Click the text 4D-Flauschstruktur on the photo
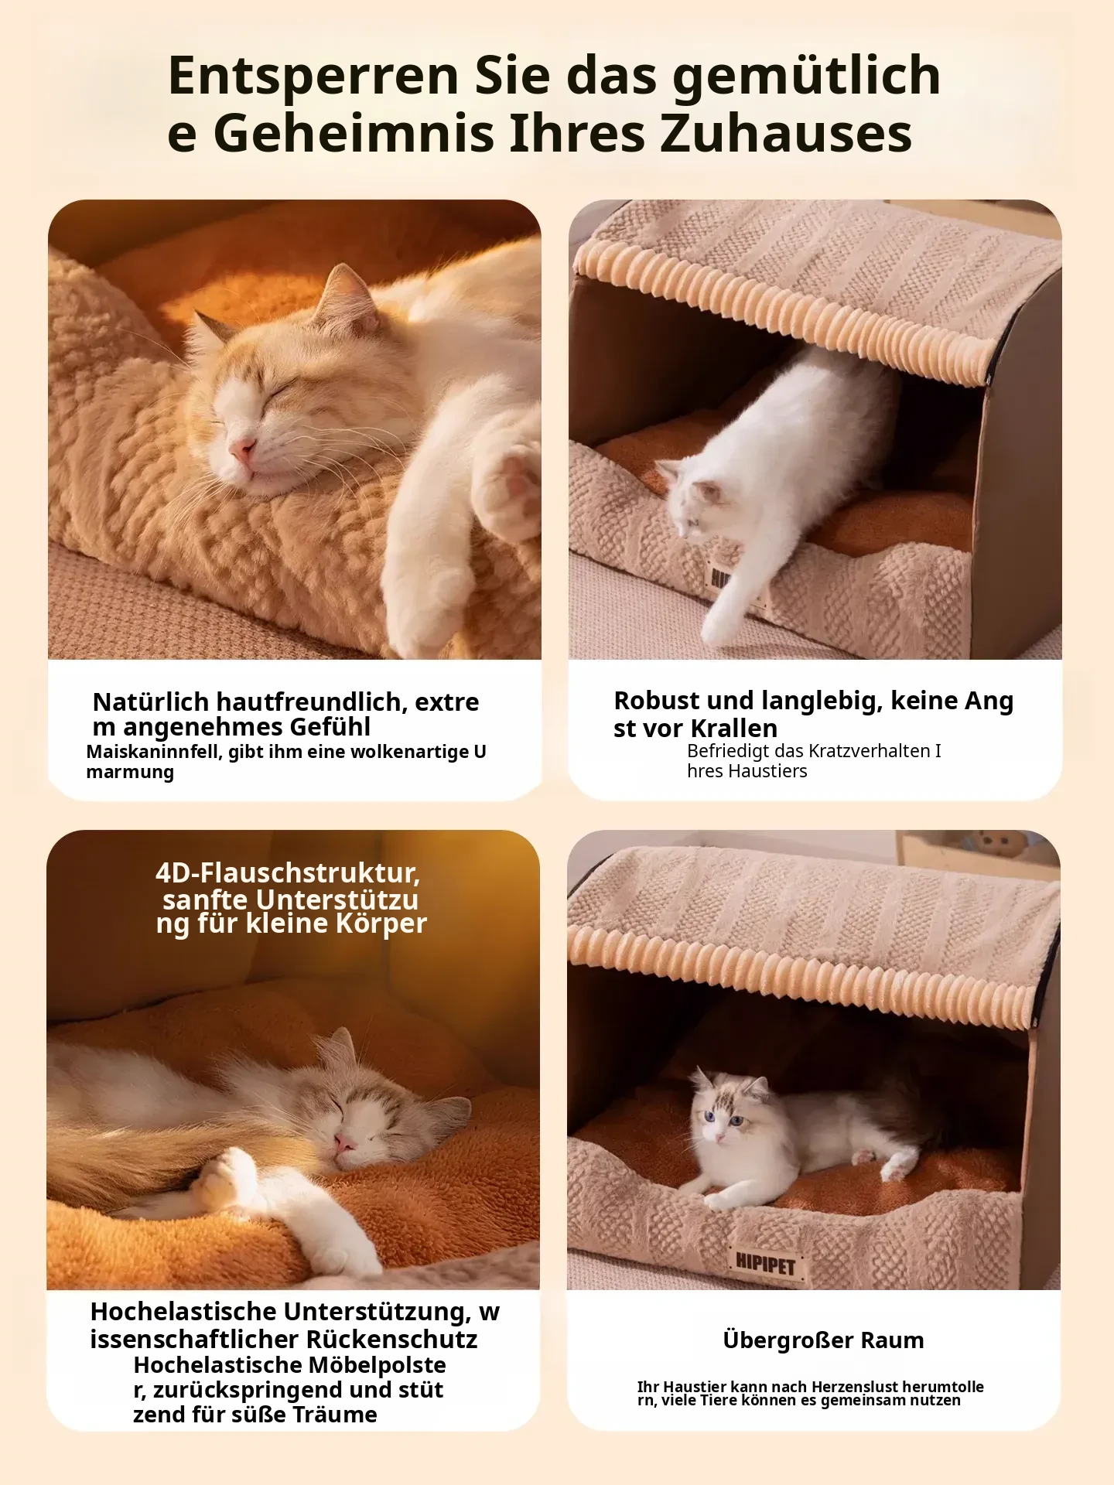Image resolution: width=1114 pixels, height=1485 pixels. pyautogui.click(x=288, y=872)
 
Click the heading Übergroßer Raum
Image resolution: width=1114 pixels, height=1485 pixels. pyautogui.click(x=823, y=1340)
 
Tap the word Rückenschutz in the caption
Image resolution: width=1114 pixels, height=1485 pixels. pyautogui.click(x=391, y=1340)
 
